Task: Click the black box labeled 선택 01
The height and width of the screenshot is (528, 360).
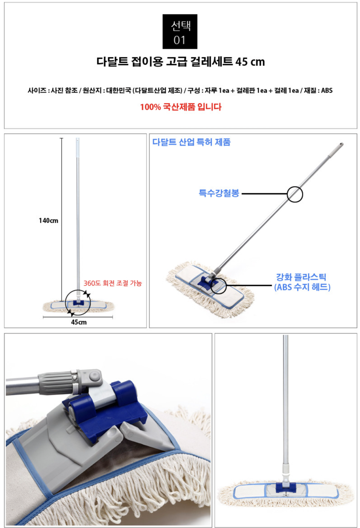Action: (180, 31)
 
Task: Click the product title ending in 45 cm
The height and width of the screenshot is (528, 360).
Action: (181, 62)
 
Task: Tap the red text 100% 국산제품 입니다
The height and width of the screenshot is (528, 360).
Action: (181, 107)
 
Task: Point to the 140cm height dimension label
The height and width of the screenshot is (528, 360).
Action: (48, 221)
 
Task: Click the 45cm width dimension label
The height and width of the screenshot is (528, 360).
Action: (79, 322)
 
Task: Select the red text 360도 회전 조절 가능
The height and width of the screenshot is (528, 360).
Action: (113, 283)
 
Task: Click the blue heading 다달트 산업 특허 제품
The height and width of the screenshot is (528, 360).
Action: (191, 142)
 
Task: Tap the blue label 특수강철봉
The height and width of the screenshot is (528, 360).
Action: (219, 193)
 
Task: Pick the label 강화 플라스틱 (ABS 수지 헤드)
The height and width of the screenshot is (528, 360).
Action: (302, 282)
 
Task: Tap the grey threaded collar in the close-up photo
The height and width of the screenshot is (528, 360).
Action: (58, 383)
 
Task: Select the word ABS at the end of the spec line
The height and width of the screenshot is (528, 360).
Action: (327, 90)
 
